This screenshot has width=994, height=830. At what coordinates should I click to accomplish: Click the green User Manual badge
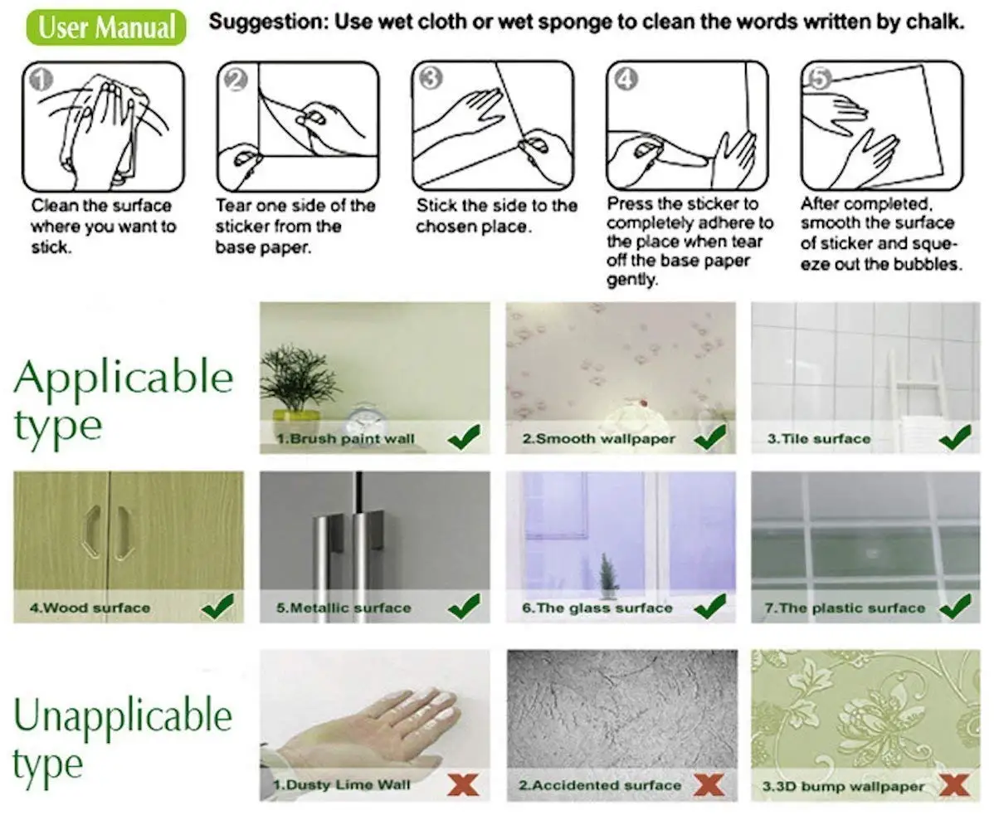107,27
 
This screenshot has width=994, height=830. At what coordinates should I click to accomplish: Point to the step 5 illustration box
882,125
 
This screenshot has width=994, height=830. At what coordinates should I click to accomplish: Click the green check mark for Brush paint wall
464,437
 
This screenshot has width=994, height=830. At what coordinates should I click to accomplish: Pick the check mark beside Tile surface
955,437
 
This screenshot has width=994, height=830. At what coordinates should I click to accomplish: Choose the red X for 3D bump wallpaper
955,784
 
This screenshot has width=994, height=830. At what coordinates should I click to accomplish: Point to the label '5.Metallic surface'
344,608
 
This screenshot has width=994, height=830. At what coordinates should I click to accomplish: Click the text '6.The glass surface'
597,608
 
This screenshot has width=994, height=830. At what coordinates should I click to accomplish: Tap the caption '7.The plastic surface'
844,608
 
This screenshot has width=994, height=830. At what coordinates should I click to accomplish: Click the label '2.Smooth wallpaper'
597,438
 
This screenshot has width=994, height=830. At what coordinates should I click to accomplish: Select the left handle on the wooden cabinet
90,531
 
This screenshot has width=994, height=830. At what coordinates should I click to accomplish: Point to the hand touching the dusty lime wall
373,730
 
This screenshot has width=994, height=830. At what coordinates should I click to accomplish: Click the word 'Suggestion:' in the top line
266,22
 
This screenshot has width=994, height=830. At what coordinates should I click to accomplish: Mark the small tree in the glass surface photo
609,573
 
